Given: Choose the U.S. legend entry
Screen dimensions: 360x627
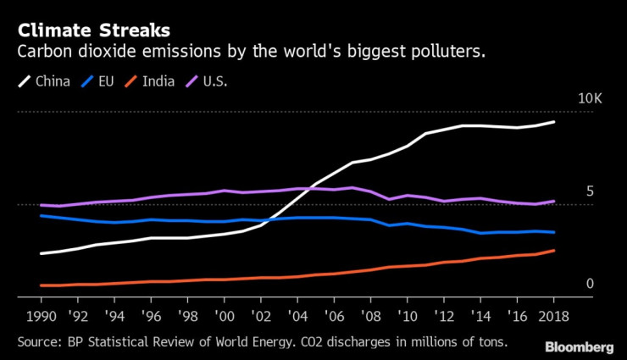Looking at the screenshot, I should tap(211, 82).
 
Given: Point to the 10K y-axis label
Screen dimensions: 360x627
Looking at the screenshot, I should tap(589, 100).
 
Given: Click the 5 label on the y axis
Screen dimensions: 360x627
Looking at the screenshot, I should tap(590, 192).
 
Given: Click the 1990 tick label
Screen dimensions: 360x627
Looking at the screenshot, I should tap(42, 318).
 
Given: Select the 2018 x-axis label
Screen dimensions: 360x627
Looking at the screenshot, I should tap(553, 318).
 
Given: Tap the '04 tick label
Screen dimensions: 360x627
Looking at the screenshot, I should tap(297, 318).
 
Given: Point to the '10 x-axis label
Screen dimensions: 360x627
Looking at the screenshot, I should tap(407, 318).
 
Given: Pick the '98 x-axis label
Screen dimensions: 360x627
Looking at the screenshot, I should tap(187, 318).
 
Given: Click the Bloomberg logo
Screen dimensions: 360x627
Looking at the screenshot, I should tap(580, 346).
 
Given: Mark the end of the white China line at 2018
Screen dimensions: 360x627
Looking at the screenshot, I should tap(554, 122).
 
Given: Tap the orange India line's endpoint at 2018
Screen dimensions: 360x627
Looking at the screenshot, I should tap(554, 251).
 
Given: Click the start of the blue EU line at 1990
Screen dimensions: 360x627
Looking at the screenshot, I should tap(41, 216).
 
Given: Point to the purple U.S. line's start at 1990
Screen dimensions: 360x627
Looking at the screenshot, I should tap(41, 205).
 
